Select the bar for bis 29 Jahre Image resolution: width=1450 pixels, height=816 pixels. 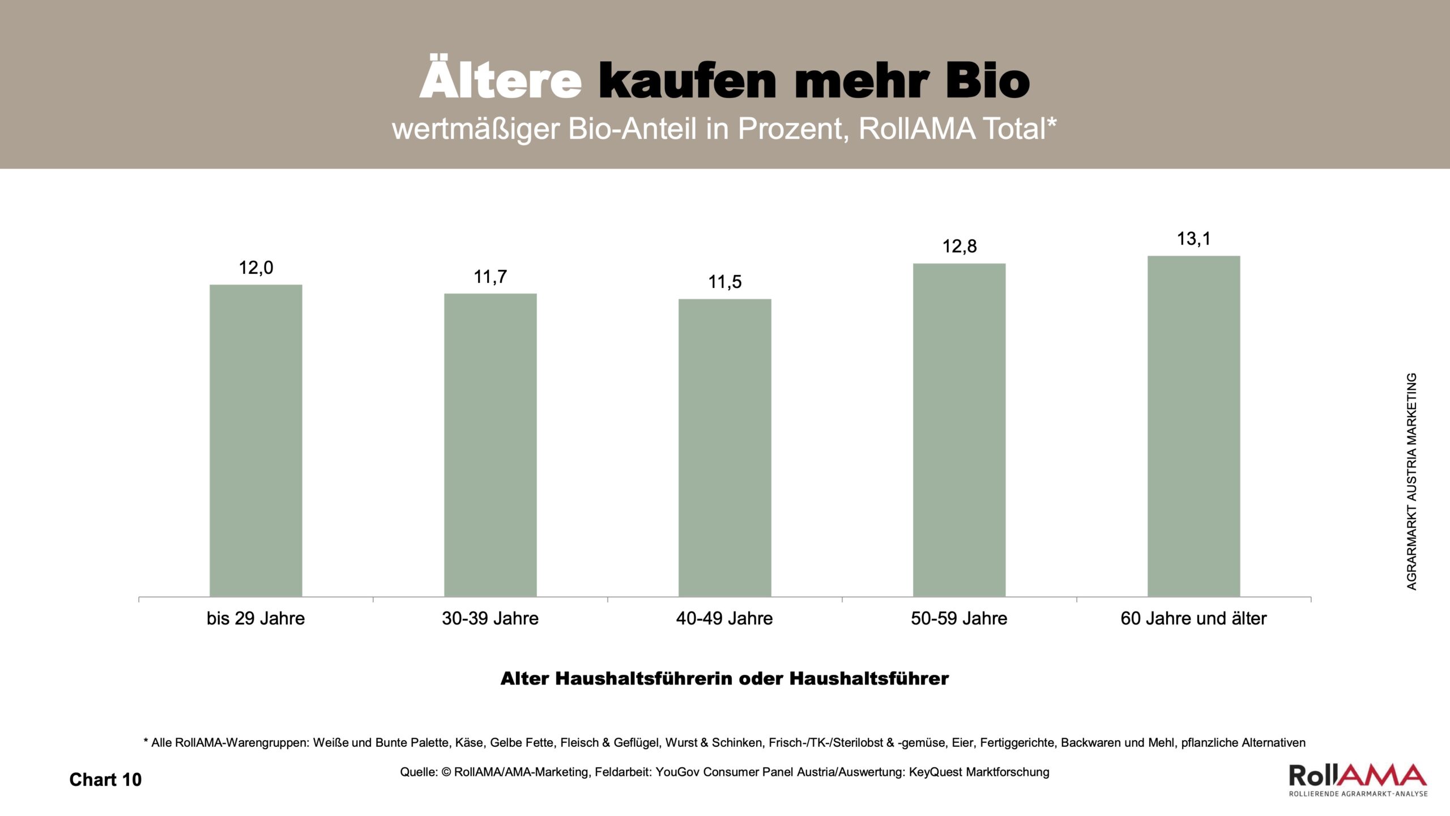tap(256, 440)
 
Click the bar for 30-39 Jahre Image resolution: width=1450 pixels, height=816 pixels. tap(491, 445)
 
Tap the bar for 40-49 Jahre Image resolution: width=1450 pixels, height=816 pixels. tap(725, 448)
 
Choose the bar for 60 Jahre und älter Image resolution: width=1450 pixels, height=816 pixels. tap(1194, 426)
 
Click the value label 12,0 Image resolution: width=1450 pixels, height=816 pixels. tap(256, 267)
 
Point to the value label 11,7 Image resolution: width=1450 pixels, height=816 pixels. tap(491, 277)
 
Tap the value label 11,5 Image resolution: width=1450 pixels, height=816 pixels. tap(725, 282)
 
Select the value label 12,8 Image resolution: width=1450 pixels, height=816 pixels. tap(959, 246)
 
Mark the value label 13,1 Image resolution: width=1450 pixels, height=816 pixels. tap(1194, 239)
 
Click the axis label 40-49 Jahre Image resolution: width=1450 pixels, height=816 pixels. tap(724, 618)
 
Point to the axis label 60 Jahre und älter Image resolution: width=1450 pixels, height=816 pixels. tap(1193, 618)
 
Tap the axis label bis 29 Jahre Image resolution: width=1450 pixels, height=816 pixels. tap(255, 618)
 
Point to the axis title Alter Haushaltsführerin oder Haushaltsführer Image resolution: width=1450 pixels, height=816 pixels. tap(724, 678)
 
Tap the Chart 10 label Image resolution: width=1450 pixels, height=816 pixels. tap(105, 780)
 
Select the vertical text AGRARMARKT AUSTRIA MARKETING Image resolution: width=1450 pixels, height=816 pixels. tap(1412, 481)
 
